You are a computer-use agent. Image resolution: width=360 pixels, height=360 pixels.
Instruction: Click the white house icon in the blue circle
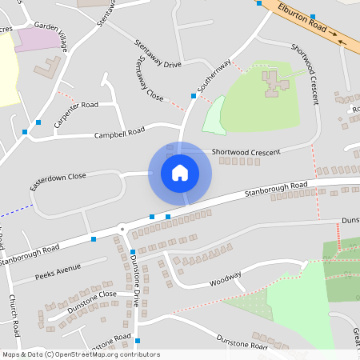click(x=180, y=173)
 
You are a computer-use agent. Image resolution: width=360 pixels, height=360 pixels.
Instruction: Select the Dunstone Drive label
click(x=136, y=284)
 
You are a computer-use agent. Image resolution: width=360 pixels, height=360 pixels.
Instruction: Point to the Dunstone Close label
click(x=91, y=299)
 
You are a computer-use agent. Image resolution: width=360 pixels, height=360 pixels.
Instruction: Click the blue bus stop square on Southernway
click(x=194, y=96)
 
